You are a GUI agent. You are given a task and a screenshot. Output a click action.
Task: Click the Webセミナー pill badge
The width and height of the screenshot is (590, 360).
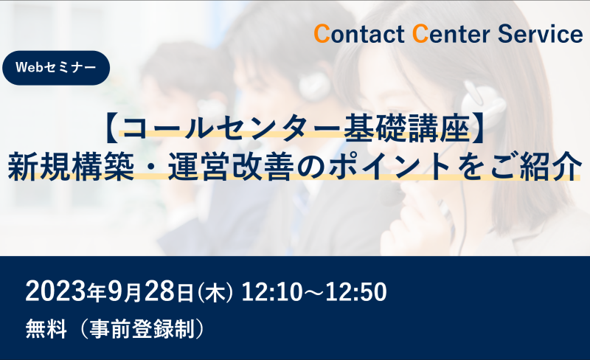(x=56, y=68)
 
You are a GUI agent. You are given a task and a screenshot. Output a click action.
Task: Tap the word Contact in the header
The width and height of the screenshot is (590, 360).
(x=359, y=34)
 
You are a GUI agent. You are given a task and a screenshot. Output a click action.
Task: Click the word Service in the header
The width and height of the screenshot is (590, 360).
(x=541, y=34)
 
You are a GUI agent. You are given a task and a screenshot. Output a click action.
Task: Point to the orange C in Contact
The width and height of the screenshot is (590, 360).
(x=322, y=34)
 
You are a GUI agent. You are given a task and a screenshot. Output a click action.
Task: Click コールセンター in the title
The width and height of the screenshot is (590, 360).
(x=232, y=129)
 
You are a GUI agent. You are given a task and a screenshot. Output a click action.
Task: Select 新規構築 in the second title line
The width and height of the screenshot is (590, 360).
(x=71, y=166)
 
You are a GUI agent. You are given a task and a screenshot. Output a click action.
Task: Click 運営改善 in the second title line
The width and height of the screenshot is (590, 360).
(x=231, y=166)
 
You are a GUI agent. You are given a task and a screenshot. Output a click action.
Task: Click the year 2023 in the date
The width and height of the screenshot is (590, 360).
(x=56, y=292)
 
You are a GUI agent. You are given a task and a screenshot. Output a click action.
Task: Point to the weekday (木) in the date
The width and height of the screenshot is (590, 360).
(x=215, y=293)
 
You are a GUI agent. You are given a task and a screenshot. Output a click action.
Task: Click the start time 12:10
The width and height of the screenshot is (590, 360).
(x=271, y=292)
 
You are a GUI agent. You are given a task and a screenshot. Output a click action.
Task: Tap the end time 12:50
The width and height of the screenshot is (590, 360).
(x=356, y=292)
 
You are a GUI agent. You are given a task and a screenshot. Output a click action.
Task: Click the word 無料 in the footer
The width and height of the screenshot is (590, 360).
(x=46, y=329)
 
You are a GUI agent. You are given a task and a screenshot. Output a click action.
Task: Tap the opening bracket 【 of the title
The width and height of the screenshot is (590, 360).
(x=112, y=129)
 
